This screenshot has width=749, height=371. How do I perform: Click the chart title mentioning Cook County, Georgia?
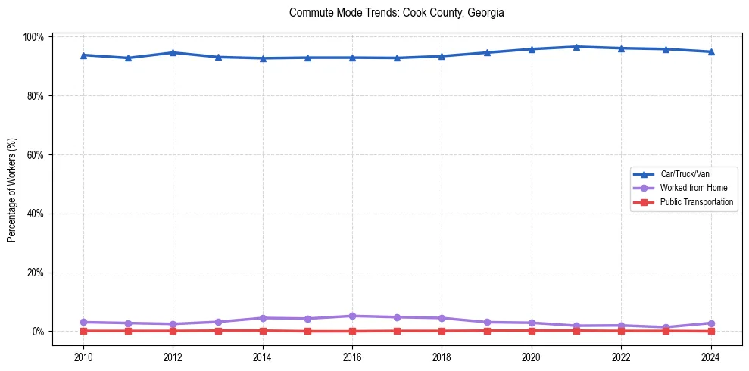pos(396,13)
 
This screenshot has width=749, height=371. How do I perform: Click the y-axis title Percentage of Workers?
pos(12,184)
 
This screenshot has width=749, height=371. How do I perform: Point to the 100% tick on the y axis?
pos(34,37)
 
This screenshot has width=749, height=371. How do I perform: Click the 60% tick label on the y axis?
pos(36,154)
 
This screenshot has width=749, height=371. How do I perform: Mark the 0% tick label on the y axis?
pos(38,332)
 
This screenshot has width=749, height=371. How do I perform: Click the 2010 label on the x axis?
pos(83,357)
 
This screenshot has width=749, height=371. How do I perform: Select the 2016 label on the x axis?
pos(352,357)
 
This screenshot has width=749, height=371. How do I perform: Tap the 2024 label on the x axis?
pos(710,357)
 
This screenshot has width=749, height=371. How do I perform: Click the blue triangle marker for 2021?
pos(576,47)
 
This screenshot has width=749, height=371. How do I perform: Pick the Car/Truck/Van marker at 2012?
pos(173,52)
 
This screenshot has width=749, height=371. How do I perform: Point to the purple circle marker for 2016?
pos(352,316)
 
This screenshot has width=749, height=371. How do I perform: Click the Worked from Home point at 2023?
pos(666,327)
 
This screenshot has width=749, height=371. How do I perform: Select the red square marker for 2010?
pos(83,331)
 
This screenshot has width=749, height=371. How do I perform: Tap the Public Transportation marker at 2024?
pos(710,331)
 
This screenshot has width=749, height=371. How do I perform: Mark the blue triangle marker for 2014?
pos(263,58)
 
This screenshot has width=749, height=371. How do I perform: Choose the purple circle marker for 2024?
pos(710,323)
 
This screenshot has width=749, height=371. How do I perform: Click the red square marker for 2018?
pos(442,331)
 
